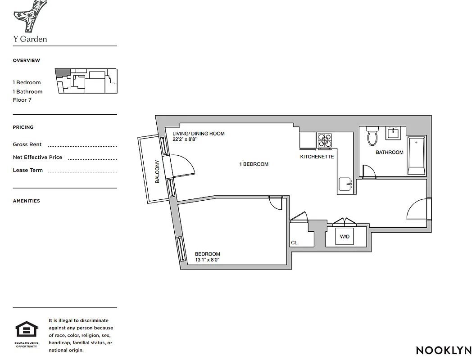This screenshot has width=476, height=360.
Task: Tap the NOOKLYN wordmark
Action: point(444,350)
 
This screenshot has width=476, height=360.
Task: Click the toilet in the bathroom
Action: point(372,136)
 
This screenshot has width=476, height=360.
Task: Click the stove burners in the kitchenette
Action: point(325,141)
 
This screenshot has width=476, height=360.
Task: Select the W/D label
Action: point(345,236)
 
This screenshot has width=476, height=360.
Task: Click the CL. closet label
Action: point(295,243)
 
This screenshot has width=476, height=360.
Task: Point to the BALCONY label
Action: point(158,171)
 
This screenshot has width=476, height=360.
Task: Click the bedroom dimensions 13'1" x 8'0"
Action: point(207,260)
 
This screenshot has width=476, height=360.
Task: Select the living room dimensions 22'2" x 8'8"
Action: point(185,139)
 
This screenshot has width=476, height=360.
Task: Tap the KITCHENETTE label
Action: point(317,157)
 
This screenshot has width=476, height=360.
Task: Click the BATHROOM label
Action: point(390,153)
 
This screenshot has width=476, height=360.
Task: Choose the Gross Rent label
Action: point(27,144)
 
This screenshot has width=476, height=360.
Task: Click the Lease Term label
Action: point(27,170)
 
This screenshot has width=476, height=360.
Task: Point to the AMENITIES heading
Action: point(26,201)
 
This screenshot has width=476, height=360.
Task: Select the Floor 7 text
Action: point(22,100)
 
